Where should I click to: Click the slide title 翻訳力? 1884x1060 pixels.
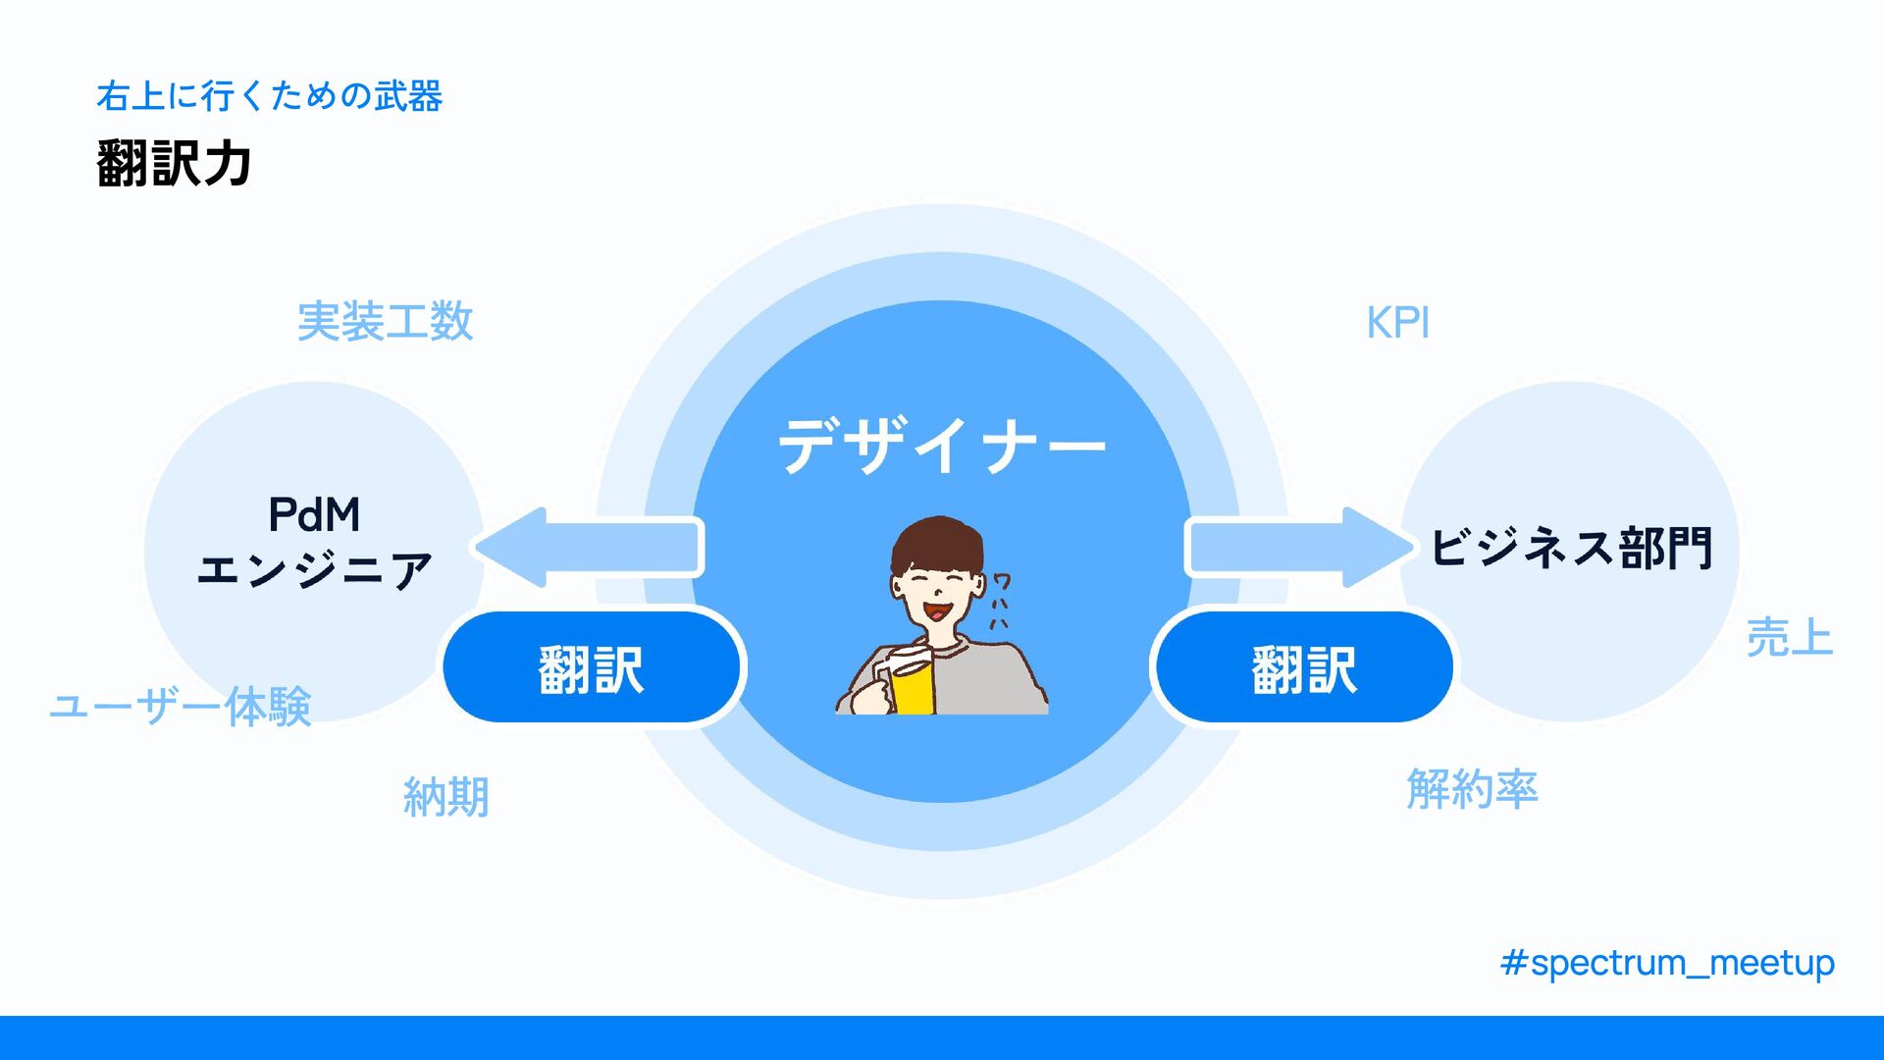(175, 163)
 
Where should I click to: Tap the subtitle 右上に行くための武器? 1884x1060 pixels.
(269, 96)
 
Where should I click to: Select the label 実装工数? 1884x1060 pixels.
(385, 322)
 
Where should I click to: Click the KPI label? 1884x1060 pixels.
(1397, 323)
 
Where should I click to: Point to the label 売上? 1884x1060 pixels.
(1789, 638)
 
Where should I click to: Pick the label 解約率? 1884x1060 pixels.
(1471, 789)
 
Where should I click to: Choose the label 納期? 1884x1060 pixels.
(445, 797)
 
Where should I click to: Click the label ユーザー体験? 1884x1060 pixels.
(181, 706)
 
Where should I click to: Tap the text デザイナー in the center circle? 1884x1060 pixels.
(941, 447)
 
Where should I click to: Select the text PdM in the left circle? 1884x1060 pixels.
(314, 514)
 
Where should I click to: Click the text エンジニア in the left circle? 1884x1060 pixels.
(314, 570)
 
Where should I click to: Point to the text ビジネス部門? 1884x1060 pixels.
(1571, 548)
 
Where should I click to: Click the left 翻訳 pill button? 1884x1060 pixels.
(592, 668)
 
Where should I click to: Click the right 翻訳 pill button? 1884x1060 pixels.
(1304, 668)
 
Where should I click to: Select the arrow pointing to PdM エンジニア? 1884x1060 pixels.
(589, 547)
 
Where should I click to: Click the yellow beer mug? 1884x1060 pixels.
(912, 686)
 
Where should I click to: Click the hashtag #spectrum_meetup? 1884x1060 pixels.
(1666, 963)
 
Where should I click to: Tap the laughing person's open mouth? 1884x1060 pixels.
(938, 612)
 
